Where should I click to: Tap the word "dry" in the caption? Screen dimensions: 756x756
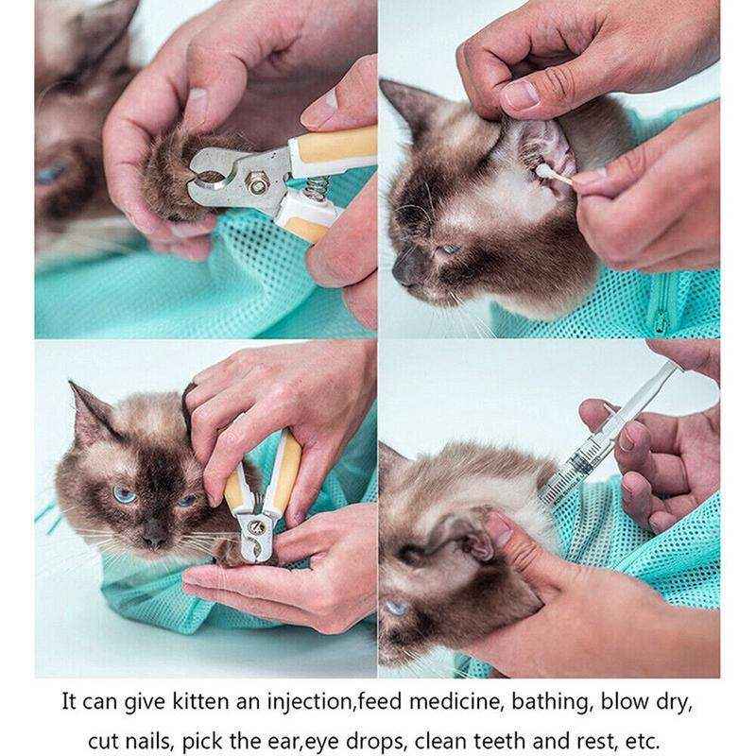coord(673,703)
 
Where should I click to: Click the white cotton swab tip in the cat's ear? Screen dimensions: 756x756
coord(545,171)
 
